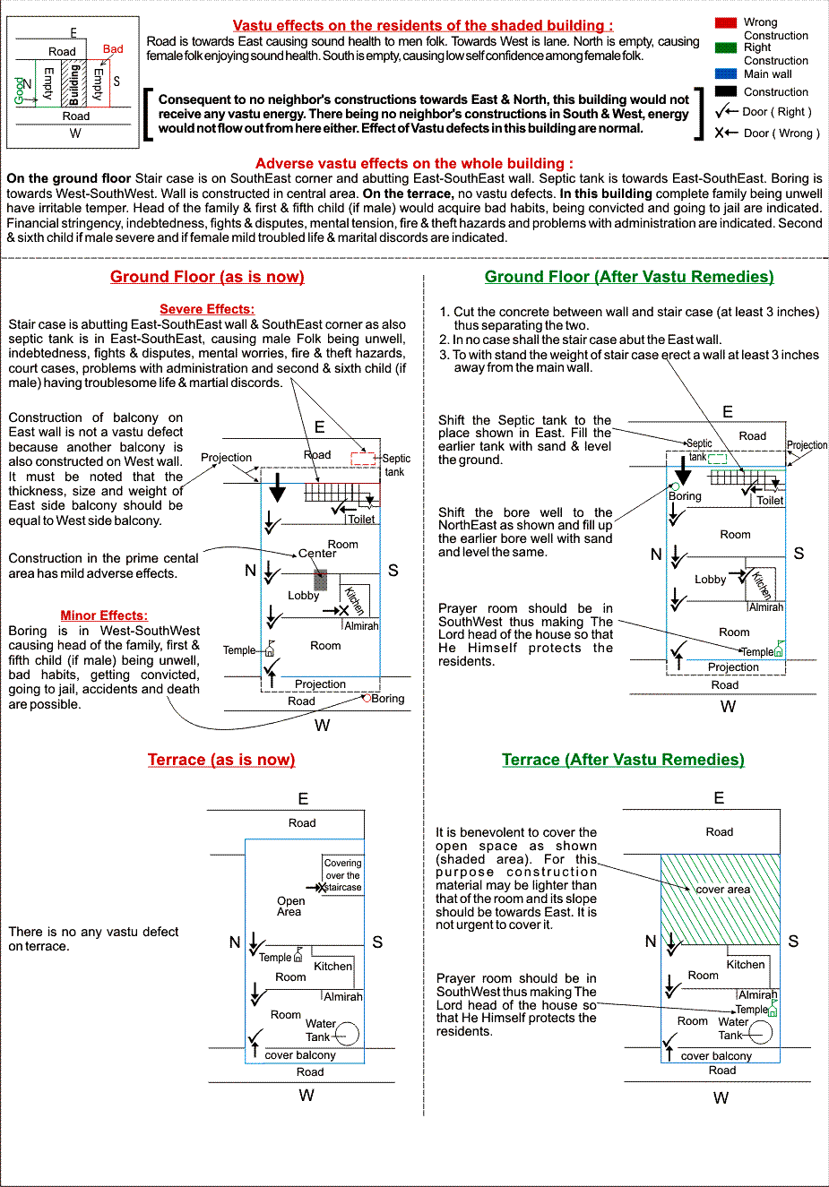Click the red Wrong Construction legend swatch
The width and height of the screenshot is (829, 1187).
click(726, 22)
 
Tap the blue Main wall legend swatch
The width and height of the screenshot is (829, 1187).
click(726, 73)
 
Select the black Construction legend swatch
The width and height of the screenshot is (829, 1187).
click(726, 91)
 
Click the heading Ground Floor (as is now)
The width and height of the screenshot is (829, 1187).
click(207, 277)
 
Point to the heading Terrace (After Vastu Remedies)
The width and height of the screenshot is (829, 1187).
click(623, 760)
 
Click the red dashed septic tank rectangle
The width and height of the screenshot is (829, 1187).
click(363, 459)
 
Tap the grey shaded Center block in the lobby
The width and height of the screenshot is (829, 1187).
click(320, 580)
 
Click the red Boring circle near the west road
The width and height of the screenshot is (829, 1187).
click(367, 698)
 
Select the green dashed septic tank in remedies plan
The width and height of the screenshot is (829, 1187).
click(717, 459)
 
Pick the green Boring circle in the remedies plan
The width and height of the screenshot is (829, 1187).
click(675, 486)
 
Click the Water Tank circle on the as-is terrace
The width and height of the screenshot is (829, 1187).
click(347, 1034)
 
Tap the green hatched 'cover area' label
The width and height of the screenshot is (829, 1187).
click(722, 890)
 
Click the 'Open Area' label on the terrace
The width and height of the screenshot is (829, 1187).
click(290, 906)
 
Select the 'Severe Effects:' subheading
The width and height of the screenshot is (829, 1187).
click(207, 309)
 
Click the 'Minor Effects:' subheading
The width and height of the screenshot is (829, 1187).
click(104, 615)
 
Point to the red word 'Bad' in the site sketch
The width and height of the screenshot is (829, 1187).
click(113, 49)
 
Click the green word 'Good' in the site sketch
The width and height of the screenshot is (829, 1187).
click(20, 91)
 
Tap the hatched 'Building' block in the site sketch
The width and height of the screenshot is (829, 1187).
click(73, 83)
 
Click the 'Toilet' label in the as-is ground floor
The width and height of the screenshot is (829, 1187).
click(361, 520)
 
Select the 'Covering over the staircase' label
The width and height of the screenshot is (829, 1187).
click(342, 875)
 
